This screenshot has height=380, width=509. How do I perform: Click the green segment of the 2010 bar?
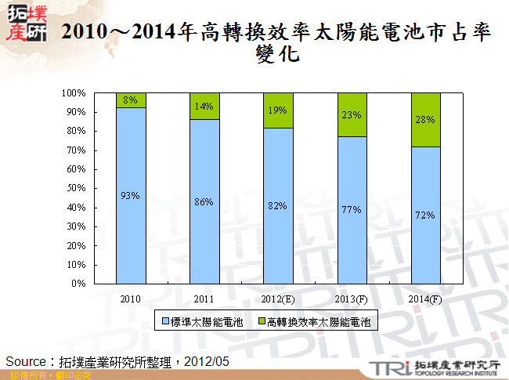tap(130, 100)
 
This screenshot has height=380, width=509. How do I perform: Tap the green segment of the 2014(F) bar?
tap(425, 120)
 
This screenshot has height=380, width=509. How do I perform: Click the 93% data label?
tap(130, 195)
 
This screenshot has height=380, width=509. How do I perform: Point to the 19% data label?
tap(278, 110)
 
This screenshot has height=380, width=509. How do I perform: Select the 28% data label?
tap(425, 119)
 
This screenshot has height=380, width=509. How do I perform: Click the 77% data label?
tap(352, 210)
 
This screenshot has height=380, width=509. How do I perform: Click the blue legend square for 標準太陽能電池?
tap(165, 321)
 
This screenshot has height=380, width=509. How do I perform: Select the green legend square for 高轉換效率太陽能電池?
tap(261, 321)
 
